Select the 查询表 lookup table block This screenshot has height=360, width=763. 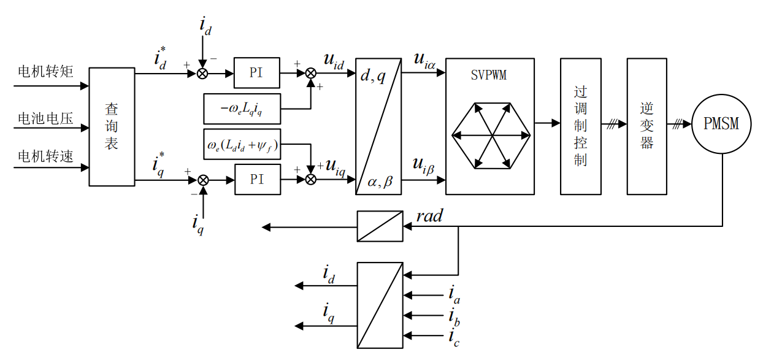coord(112,126)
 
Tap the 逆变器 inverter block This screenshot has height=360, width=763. coord(646,126)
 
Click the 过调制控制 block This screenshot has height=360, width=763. coord(580,126)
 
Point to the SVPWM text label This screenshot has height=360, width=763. coord(489,76)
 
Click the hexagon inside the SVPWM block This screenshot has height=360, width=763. coord(490,135)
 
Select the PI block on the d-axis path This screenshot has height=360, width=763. coord(256,73)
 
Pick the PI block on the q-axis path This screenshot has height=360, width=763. coord(257,179)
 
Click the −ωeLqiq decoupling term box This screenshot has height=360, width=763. coord(242,109)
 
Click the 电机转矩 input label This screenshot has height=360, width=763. coord(45,72)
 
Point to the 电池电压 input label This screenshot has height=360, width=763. coord(45,118)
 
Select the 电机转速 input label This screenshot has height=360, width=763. coord(45,156)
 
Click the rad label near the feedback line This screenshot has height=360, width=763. coord(429,216)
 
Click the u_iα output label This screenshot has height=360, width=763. coord(424,59)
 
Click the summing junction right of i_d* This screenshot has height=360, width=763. coord(202,73)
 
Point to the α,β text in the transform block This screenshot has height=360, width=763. coord(380,182)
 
